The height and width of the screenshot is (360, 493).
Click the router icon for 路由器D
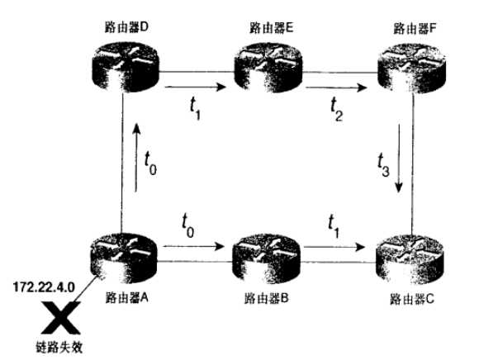126,67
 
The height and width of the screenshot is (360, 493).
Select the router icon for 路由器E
268,68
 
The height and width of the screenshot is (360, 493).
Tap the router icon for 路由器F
411,69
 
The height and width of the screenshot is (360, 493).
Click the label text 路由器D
126,27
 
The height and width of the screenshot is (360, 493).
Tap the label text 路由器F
415,29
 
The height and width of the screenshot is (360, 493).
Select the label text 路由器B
266,298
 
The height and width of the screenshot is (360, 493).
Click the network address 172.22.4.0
44,287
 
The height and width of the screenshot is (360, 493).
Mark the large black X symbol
61,318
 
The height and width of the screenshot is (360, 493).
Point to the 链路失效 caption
59,347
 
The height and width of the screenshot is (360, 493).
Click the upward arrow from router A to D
136,157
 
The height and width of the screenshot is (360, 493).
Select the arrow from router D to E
195,87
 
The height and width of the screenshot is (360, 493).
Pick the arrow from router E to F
336,87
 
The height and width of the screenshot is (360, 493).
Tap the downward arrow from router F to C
399,159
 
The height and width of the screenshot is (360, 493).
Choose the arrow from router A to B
194,246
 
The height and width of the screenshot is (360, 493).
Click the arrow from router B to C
334,247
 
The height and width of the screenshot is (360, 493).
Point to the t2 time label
336,109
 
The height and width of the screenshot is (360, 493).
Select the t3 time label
383,164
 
